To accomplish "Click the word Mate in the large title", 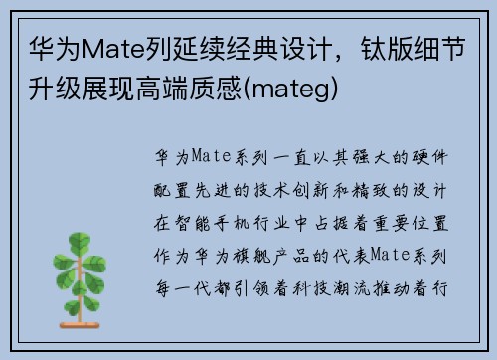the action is coord(113,50).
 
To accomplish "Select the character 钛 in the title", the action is coord(374,49).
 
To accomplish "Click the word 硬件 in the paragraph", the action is coord(429,157).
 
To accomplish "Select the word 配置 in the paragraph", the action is coord(172,190).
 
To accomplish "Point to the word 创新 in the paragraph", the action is coord(310,190).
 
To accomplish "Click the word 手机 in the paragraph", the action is coord(232,223).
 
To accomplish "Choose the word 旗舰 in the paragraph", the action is coord(251,257).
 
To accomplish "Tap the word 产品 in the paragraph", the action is coord(291,257).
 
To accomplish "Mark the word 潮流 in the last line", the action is coord(350,288).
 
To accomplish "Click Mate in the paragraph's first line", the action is coord(211,156).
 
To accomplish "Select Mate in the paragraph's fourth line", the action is coord(390,255).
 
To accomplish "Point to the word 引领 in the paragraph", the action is coord(251,288).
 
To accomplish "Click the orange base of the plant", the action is coord(80,325).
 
